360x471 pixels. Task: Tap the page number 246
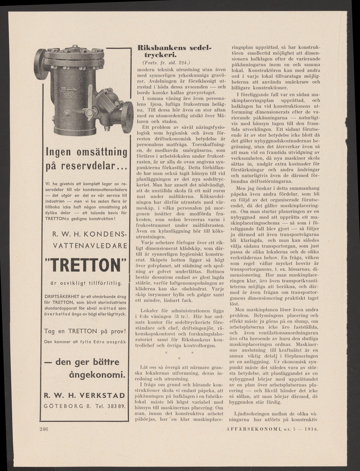pyautogui.click(x=44, y=429)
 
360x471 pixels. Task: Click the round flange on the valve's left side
pyautogui.click(x=40, y=65)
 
